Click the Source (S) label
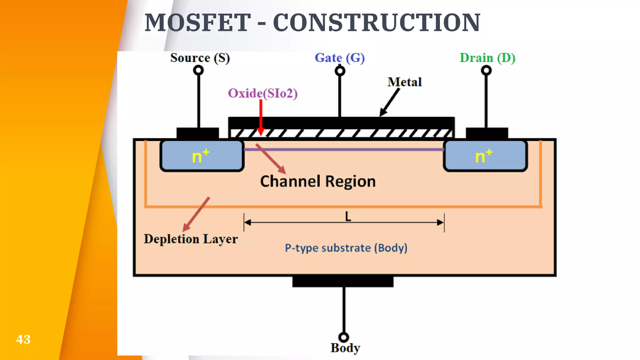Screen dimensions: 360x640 pyautogui.click(x=200, y=58)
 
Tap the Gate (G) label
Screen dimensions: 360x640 pyautogui.click(x=339, y=58)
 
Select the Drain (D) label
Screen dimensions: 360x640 pyautogui.click(x=487, y=58)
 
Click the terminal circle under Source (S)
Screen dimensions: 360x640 pyautogui.click(x=198, y=70)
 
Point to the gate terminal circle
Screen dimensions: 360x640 pyautogui.click(x=340, y=71)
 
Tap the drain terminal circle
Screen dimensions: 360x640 pyautogui.click(x=486, y=70)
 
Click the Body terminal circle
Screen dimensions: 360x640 pyautogui.click(x=343, y=337)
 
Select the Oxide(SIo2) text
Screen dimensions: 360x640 pyautogui.click(x=262, y=93)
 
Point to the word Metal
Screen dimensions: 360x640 pyautogui.click(x=404, y=82)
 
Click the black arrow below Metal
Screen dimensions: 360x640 pyautogui.click(x=390, y=102)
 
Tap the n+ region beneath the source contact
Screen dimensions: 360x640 pyautogui.click(x=202, y=156)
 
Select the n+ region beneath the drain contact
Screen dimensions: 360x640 pyautogui.click(x=485, y=156)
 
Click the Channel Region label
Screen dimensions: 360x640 pyautogui.click(x=318, y=182)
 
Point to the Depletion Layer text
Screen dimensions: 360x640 pyautogui.click(x=191, y=239)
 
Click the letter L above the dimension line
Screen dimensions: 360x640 pyautogui.click(x=348, y=216)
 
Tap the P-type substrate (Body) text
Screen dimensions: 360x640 pyautogui.click(x=346, y=248)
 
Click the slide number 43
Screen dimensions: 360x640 pyautogui.click(x=23, y=339)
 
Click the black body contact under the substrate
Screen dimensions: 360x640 pyautogui.click(x=343, y=282)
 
